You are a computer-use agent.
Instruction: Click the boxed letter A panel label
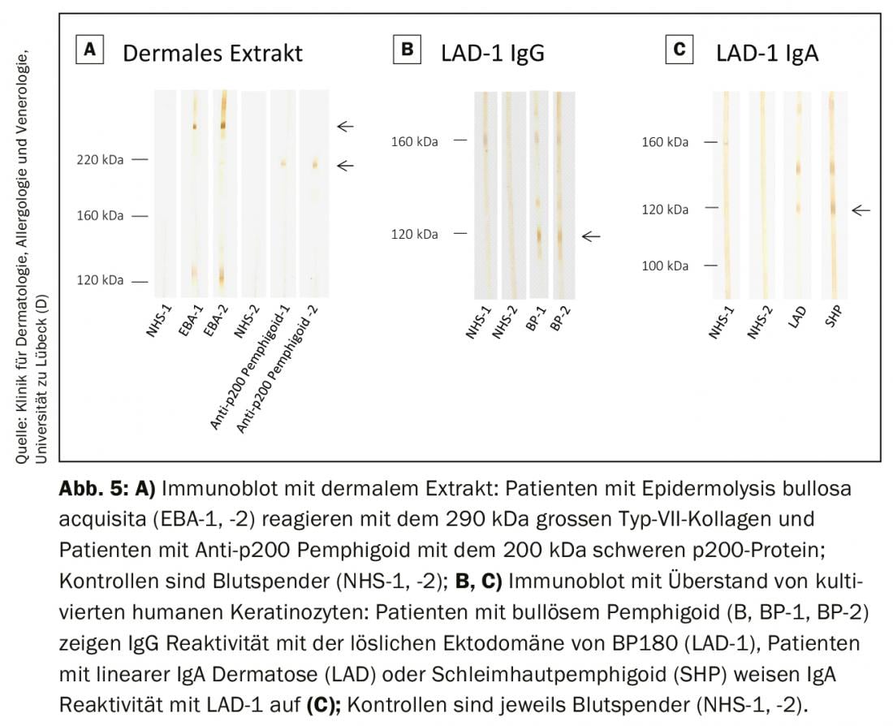pyautogui.click(x=89, y=50)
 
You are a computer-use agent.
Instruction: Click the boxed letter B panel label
pyautogui.click(x=407, y=50)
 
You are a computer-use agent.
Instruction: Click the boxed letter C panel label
pyautogui.click(x=679, y=50)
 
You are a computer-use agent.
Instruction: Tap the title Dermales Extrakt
pyautogui.click(x=213, y=54)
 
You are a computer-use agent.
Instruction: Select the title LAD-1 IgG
pyautogui.click(x=493, y=54)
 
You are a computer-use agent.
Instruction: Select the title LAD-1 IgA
pyautogui.click(x=767, y=54)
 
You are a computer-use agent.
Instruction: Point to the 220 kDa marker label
pyautogui.click(x=101, y=160)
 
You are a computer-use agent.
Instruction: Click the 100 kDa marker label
pyautogui.click(x=665, y=266)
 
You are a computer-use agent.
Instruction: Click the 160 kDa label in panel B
pyautogui.click(x=414, y=141)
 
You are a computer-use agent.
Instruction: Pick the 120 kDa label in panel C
pyautogui.click(x=665, y=210)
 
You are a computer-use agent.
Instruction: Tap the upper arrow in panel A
pyautogui.click(x=346, y=126)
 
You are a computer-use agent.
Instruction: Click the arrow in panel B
pyautogui.click(x=591, y=236)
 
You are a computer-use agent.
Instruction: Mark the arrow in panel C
pyautogui.click(x=861, y=210)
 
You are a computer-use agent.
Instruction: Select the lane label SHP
pyautogui.click(x=830, y=318)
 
